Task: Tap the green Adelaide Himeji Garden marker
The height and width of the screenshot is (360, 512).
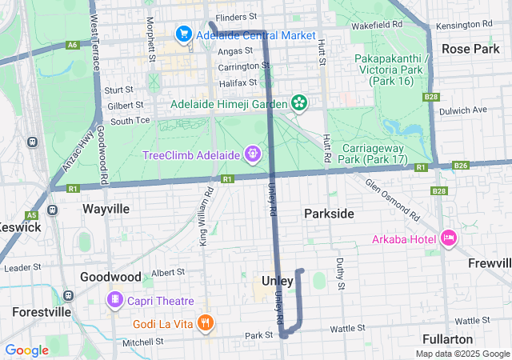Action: [x=299, y=102]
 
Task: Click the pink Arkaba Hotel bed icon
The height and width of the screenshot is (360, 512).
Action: [x=449, y=238]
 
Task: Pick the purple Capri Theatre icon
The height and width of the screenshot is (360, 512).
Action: [x=115, y=300]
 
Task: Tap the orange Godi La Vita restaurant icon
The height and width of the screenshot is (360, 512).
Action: [x=206, y=322]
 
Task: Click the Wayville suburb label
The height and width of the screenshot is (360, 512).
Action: [x=106, y=209]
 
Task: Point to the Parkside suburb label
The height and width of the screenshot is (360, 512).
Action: [x=329, y=214]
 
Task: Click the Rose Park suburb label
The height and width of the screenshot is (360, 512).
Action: [x=470, y=49]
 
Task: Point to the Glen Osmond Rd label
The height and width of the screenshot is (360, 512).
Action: [x=393, y=199]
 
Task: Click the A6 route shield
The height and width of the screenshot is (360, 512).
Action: [x=73, y=46]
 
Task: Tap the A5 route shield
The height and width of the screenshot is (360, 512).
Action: [x=32, y=215]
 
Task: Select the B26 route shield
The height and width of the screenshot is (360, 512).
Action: [x=460, y=166]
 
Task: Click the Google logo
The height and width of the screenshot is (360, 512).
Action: [x=27, y=350]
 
